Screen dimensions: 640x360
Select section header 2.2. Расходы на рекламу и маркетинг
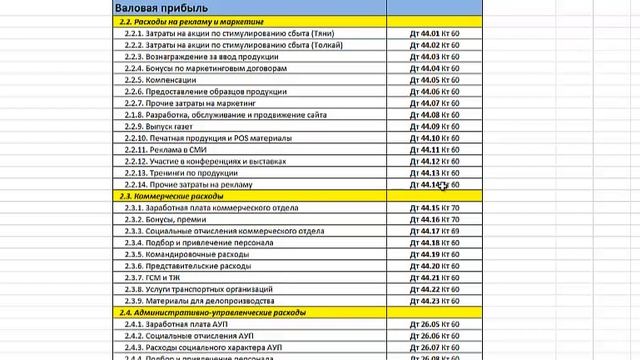point(191,21)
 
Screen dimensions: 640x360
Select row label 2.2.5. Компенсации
point(159,80)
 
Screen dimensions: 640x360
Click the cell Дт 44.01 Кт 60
point(435,33)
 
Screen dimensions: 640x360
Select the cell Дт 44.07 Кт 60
point(435,103)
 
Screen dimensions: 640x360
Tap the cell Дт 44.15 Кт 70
point(435,208)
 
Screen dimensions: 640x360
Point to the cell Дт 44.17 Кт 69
point(435,231)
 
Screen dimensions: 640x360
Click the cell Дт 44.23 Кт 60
point(435,301)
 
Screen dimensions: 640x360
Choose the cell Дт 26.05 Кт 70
point(435,325)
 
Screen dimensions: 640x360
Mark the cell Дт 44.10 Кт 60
point(435,138)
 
